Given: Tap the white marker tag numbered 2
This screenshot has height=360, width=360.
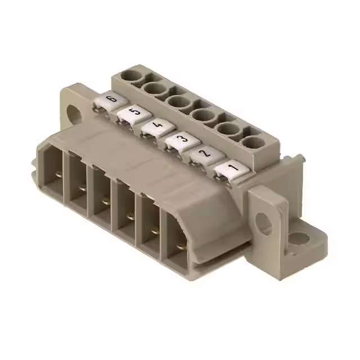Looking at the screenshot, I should [x=204, y=154].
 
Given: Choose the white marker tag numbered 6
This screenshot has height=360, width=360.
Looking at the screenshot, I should [x=110, y=102].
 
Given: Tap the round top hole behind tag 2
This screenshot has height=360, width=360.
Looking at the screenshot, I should [x=229, y=129].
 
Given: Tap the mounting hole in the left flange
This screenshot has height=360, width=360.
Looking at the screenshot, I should [x=73, y=112].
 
